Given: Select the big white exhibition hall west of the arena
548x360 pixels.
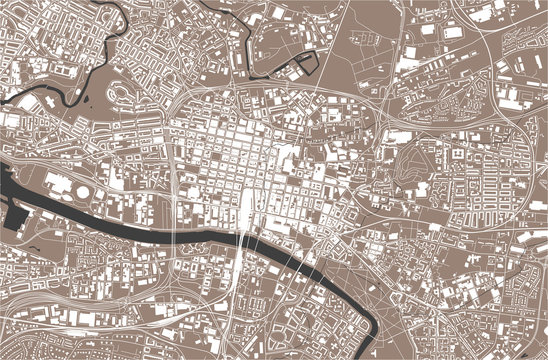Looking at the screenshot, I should [58, 183].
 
